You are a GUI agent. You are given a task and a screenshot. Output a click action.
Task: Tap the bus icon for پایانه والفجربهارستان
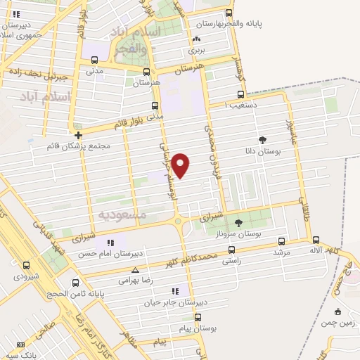228,13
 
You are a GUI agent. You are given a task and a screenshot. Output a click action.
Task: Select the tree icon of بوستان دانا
262,139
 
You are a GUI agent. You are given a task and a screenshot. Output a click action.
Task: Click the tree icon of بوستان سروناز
238,222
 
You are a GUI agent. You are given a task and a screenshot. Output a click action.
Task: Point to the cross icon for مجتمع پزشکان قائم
78,134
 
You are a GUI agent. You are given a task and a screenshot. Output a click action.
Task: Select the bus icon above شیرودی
26,265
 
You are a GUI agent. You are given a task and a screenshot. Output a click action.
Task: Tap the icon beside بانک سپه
20,345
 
